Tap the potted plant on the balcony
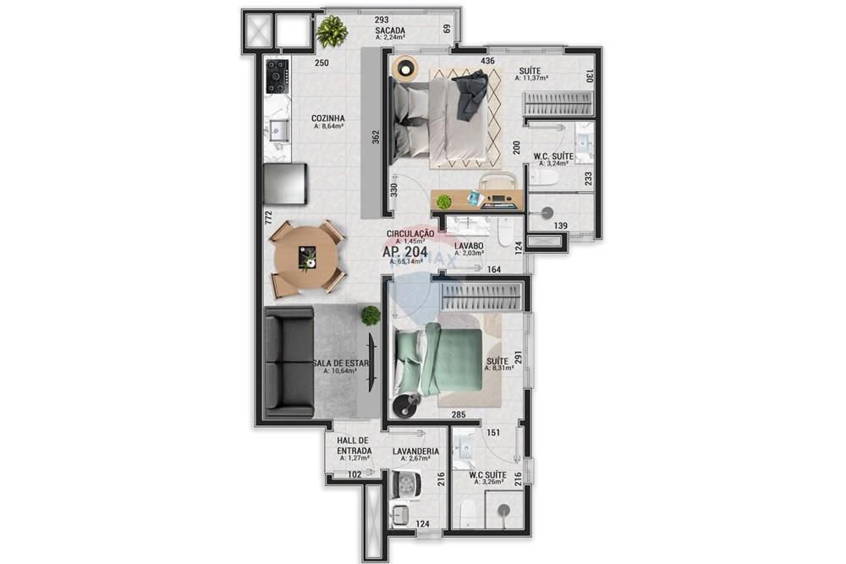[x=332, y=32]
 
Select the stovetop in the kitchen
[x=277, y=76]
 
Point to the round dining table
[x=306, y=257]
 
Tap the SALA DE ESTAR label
[x=341, y=364]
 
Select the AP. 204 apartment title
[x=404, y=252]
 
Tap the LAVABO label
[x=467, y=246]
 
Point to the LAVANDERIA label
[x=415, y=452]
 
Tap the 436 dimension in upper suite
[x=487, y=61]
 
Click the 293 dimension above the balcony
[x=381, y=19]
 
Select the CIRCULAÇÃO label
[x=410, y=233]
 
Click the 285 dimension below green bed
[x=458, y=415]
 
